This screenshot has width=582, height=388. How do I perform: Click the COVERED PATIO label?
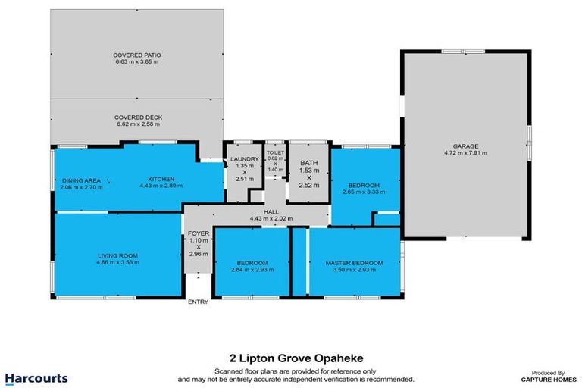click(137, 55)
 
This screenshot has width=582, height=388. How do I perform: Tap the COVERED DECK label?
click(138, 117)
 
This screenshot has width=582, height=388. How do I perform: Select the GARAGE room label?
click(465, 146)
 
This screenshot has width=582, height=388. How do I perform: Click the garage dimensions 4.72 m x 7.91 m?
click(465, 153)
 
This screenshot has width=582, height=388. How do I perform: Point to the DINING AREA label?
click(81, 180)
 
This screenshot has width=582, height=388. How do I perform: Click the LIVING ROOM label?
click(117, 255)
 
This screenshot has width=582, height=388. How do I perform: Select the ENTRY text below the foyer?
click(199, 302)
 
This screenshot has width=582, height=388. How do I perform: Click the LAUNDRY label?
click(244, 158)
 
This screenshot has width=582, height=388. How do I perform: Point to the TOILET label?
click(274, 152)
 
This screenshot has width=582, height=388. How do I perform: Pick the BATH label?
click(308, 163)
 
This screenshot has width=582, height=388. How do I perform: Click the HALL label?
click(271, 213)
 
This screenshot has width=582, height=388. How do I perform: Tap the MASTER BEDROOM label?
click(354, 262)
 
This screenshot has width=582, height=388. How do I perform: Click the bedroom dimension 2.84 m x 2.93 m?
click(252, 269)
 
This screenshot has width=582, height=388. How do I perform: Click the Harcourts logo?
click(36, 377)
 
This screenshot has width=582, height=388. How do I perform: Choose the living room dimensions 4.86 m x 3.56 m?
click(117, 262)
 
